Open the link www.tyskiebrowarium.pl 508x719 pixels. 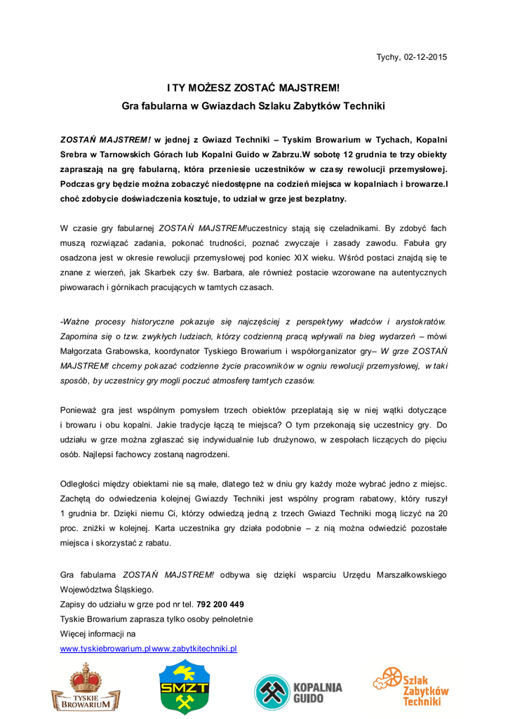[x=106, y=648]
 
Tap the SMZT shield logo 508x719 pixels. [x=184, y=687]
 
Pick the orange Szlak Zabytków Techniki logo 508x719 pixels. [x=411, y=686]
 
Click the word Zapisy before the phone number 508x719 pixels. [x=74, y=605]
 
